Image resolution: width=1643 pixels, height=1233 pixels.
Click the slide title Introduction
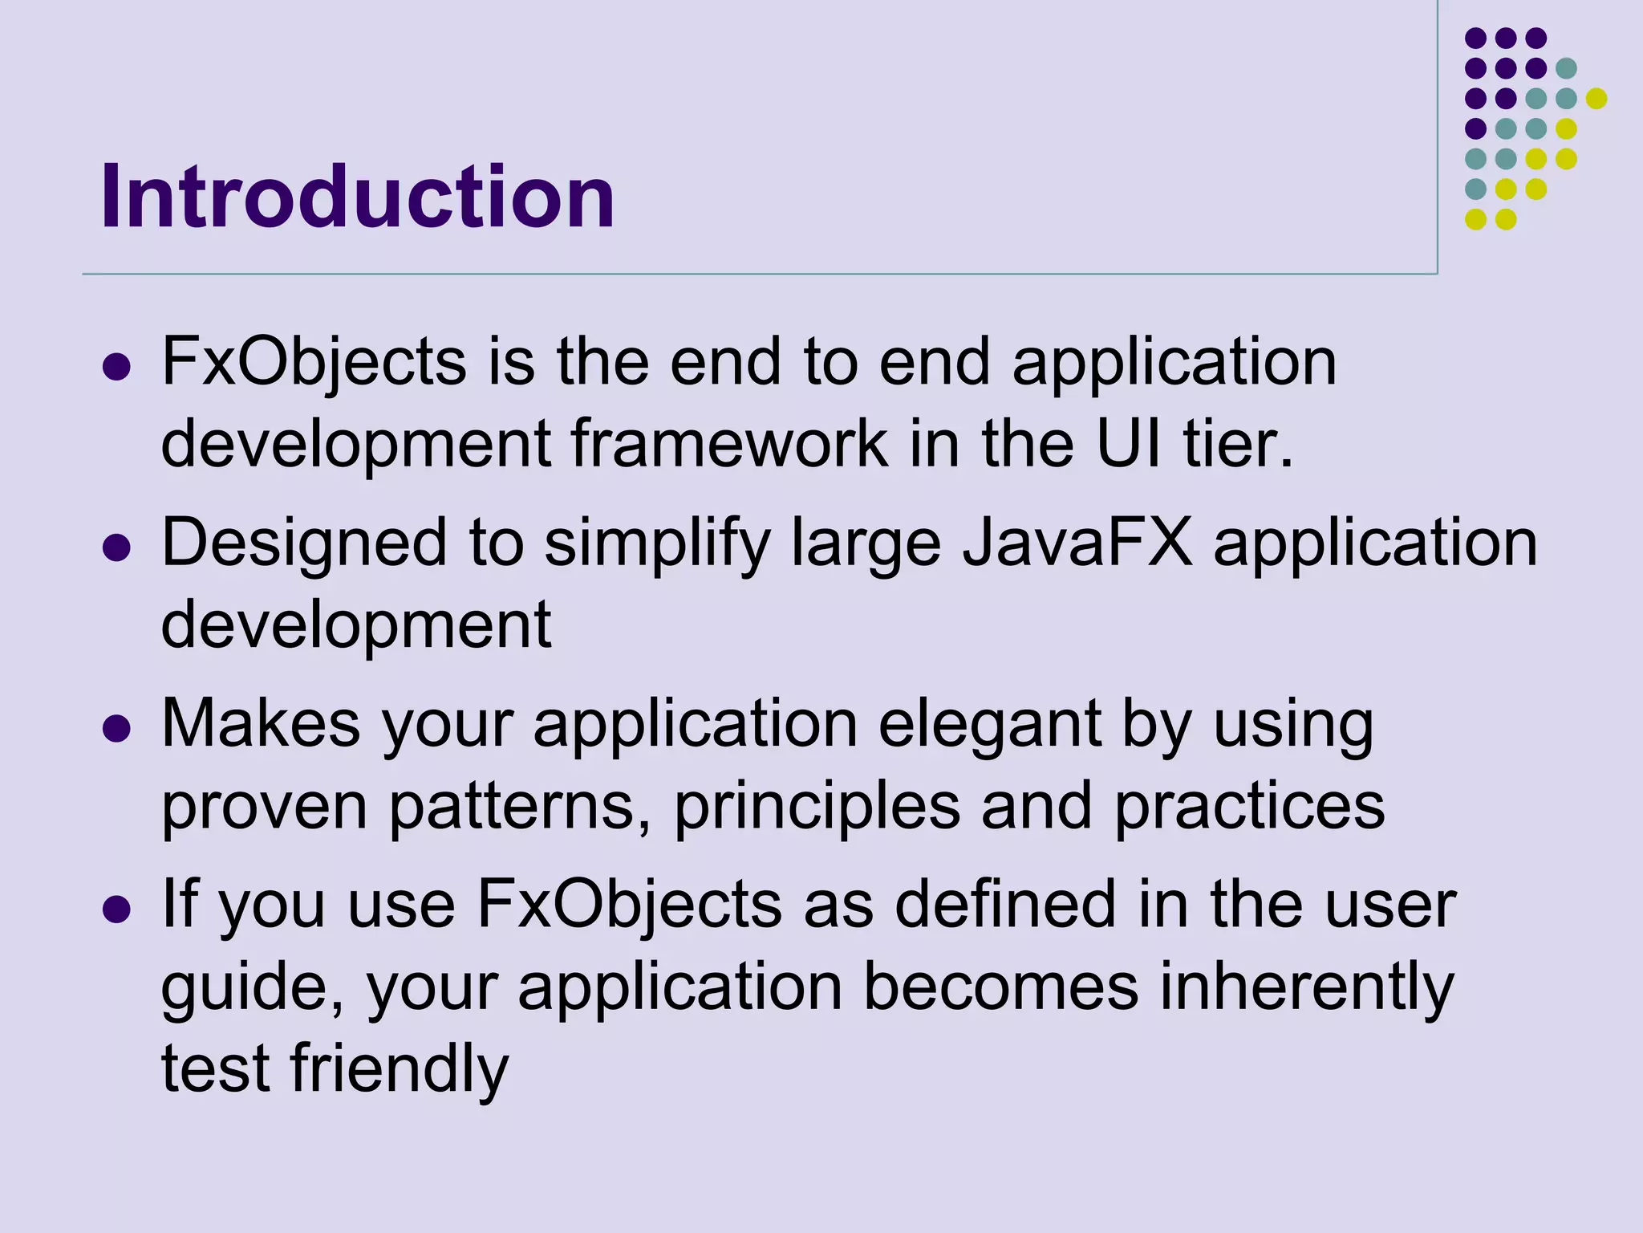(x=357, y=197)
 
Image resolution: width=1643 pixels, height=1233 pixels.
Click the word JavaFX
(x=1077, y=543)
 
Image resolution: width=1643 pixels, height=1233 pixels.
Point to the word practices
(x=1249, y=807)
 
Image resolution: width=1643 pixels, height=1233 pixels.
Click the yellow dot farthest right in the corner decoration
(x=1596, y=98)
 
